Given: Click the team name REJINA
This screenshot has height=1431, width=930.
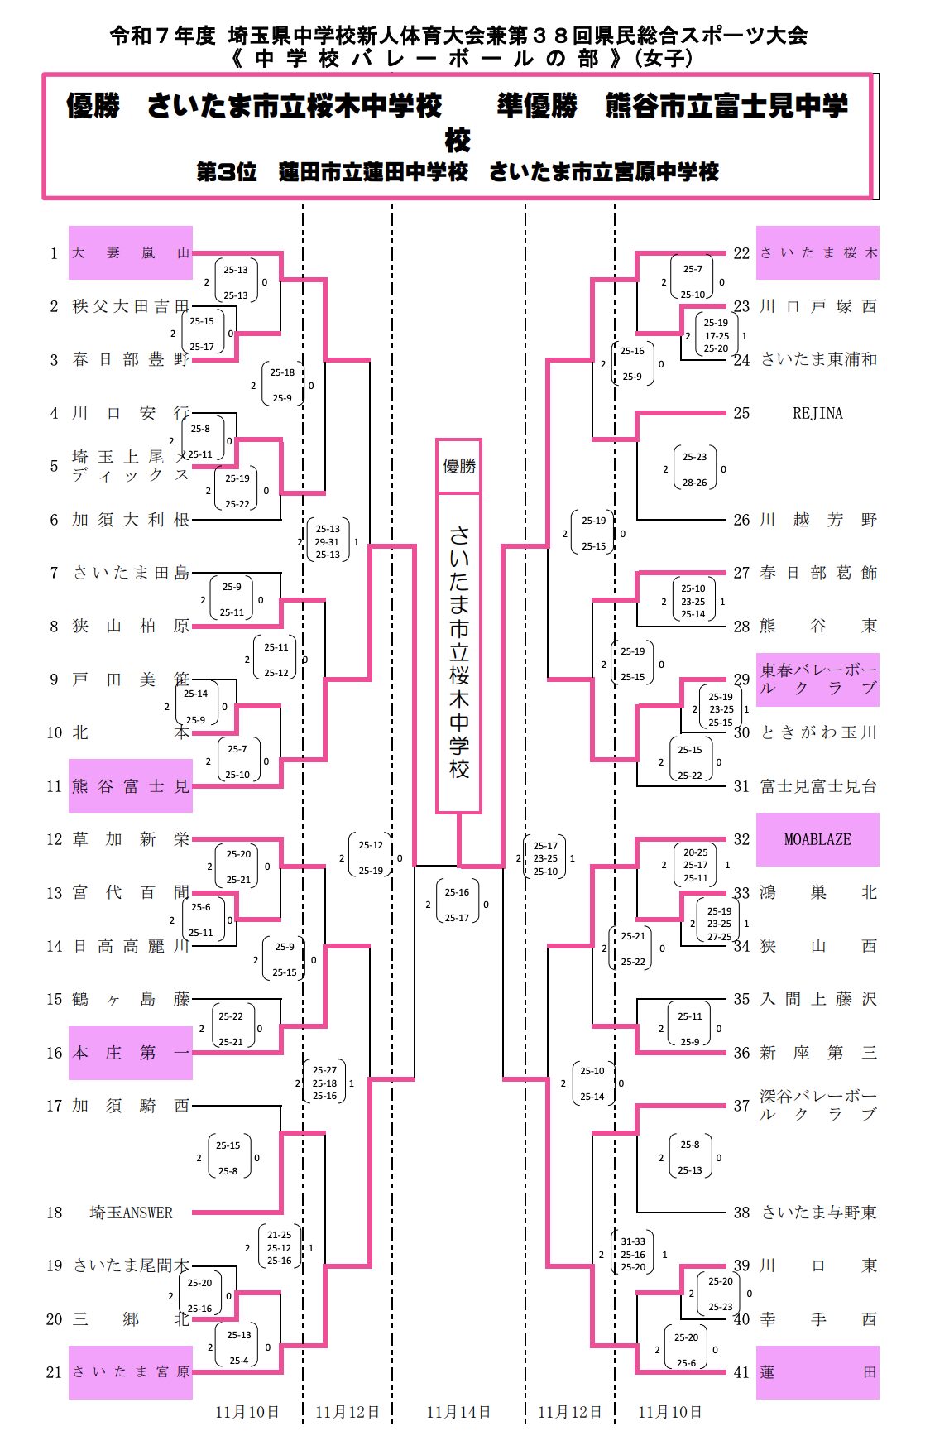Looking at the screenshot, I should [817, 413].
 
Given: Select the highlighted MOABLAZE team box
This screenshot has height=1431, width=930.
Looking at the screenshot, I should [817, 839].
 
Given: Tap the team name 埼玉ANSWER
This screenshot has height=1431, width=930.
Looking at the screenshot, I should [131, 1213].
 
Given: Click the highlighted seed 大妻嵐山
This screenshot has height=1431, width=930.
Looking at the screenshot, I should [131, 253].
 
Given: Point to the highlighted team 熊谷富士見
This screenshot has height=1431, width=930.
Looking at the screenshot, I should [131, 786].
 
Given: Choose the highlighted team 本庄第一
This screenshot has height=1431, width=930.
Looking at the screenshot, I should [131, 1053].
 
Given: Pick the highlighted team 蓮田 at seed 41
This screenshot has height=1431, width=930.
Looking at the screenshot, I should [817, 1372].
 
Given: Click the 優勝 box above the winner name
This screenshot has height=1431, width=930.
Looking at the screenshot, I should [459, 466].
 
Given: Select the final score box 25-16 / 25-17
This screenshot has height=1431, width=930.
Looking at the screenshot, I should [457, 905].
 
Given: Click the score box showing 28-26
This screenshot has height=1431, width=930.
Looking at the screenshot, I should [695, 469].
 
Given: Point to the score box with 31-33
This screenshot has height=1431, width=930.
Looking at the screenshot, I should [633, 1254].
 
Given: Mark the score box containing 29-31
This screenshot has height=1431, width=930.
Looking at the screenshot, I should [328, 541].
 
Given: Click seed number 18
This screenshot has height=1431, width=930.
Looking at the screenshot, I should [55, 1213].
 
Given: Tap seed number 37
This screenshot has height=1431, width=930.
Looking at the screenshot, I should [741, 1106].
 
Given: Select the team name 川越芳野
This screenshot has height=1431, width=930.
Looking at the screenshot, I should [817, 520].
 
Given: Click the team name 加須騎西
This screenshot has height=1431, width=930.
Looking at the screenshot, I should [131, 1106].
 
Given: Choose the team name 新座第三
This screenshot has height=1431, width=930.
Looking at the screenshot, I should [817, 1053].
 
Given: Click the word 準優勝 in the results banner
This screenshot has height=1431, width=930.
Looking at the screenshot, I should [537, 106].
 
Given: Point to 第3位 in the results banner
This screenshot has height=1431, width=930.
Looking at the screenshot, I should [226, 172].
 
